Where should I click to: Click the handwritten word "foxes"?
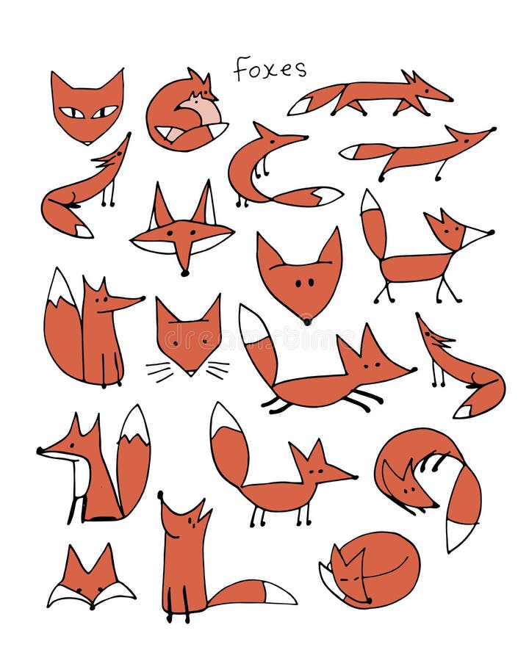270,68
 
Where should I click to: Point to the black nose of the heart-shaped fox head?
306,320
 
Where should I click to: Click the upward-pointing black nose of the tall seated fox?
161,496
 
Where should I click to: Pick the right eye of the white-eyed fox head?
104,112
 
